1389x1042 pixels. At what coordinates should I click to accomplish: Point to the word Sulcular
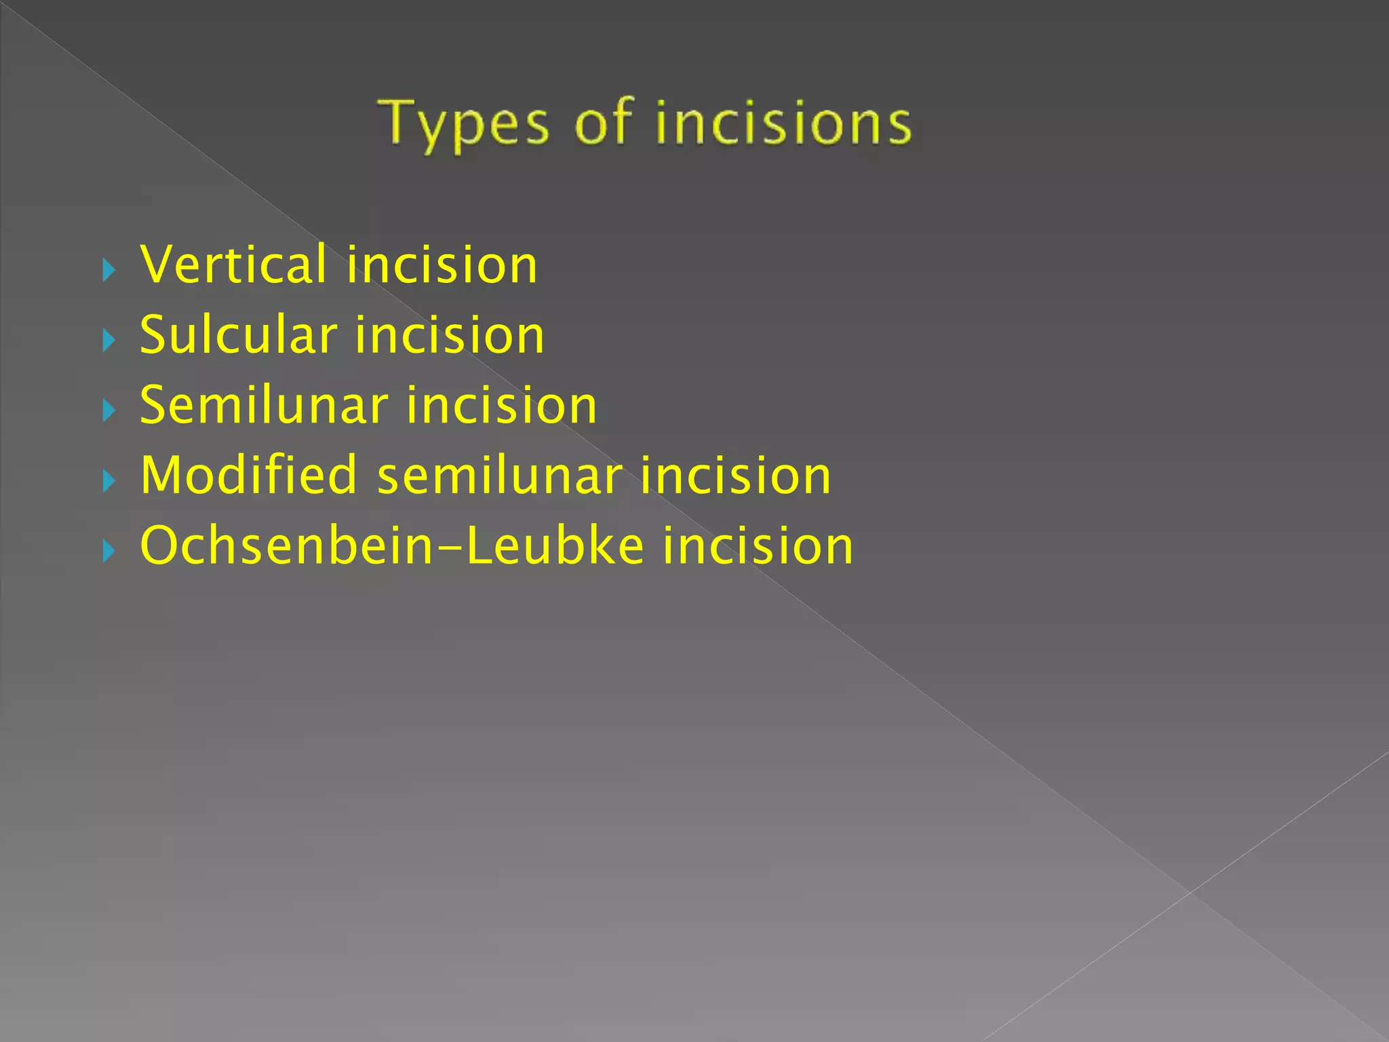click(238, 335)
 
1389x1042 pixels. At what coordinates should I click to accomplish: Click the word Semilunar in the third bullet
click(264, 406)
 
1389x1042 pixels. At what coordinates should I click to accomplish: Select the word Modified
click(248, 476)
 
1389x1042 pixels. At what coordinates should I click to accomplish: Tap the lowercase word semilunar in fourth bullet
click(499, 476)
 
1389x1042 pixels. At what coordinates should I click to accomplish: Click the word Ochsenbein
click(286, 546)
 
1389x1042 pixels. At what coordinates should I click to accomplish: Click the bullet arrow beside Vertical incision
click(109, 271)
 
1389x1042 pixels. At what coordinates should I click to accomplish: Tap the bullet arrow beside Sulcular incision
click(109, 341)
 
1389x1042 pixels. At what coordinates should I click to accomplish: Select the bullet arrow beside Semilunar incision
click(109, 411)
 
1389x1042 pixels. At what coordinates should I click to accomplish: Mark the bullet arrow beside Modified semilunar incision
click(109, 482)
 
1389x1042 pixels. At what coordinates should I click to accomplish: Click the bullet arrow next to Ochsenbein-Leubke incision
click(109, 552)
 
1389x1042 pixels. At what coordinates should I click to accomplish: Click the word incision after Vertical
click(442, 265)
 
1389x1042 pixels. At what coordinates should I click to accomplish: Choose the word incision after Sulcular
click(450, 335)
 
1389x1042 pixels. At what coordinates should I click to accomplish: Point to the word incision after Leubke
click(758, 546)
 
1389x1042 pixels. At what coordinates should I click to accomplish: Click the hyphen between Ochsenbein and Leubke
click(449, 548)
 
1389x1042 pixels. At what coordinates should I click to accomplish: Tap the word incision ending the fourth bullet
click(735, 476)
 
